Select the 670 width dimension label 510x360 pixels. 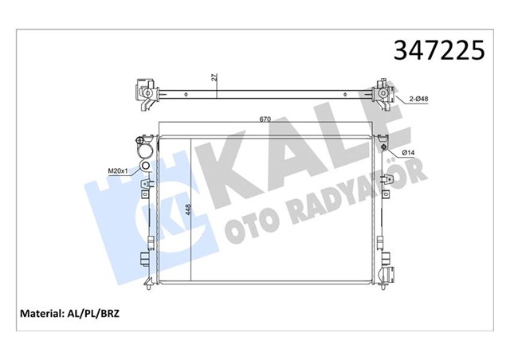(x=265, y=120)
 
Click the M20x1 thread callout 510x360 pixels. (x=117, y=169)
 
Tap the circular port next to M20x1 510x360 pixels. (x=143, y=166)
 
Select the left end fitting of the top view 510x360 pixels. (x=144, y=93)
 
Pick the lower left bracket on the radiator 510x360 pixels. (x=143, y=260)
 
